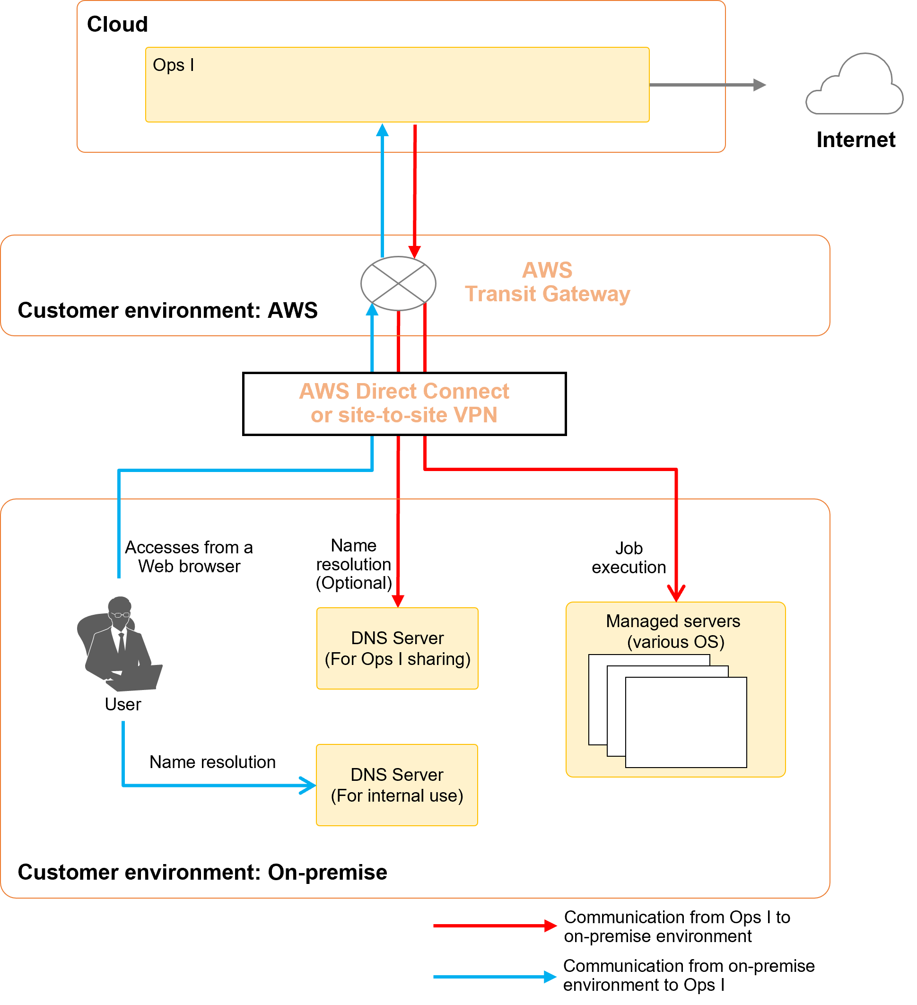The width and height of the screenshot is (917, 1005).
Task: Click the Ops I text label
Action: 173,65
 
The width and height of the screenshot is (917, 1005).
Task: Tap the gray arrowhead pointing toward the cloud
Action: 759,85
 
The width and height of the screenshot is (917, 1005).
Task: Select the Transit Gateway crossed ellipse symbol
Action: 398,284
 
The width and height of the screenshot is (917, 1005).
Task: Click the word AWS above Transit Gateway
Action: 547,270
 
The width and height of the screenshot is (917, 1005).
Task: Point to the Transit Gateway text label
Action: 547,294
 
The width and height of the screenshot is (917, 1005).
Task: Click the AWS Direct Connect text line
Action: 404,391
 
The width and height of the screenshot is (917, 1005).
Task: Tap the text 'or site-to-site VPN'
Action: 404,415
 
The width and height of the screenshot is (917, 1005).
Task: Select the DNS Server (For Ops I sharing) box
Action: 397,648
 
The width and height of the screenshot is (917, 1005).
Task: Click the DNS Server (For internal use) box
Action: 397,785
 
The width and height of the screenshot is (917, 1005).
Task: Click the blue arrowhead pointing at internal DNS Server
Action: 309,786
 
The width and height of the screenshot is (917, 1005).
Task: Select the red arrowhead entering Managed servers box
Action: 676,594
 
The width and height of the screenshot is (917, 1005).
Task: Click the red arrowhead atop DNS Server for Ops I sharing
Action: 398,601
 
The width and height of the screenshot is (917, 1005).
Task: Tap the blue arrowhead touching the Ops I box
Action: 382,130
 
